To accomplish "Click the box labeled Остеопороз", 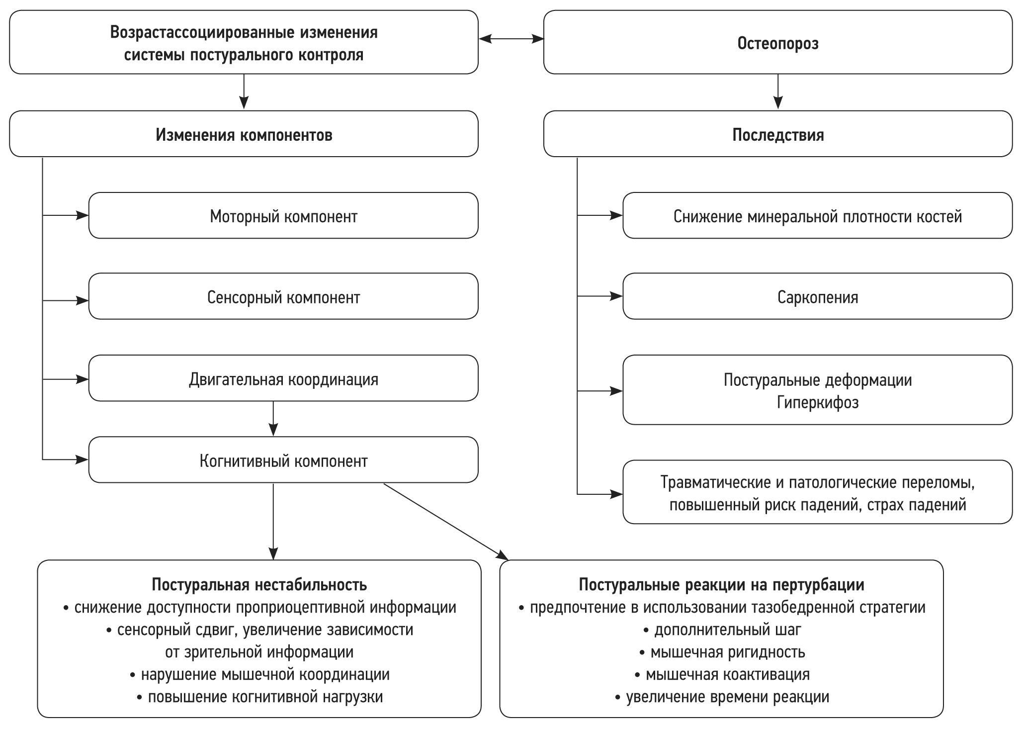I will tap(777, 43).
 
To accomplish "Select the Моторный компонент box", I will tap(283, 216).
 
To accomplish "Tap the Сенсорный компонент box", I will tap(283, 297).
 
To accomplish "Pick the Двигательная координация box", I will tap(283, 379).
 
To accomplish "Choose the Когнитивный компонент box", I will tap(283, 461).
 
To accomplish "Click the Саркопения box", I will tap(817, 297).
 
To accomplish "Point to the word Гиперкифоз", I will tap(817, 402).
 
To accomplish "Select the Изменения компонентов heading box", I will tap(244, 135).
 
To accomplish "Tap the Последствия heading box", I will tap(777, 135).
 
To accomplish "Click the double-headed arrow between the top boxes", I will tap(511, 38).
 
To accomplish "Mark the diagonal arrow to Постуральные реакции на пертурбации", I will tap(445, 520).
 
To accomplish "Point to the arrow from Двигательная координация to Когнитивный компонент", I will tap(273, 418).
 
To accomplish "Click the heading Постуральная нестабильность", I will tap(259, 585).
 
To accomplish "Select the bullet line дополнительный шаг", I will tap(727, 630).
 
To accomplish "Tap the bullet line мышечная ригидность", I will tap(727, 652).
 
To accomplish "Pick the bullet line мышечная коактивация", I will tap(727, 675).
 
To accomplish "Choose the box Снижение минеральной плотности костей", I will tap(817, 216).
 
